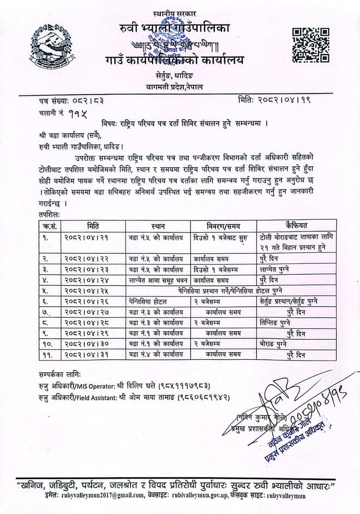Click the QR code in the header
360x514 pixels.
310,45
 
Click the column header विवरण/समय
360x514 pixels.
223,225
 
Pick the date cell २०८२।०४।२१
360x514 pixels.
85,238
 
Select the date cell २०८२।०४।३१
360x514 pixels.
85,354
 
